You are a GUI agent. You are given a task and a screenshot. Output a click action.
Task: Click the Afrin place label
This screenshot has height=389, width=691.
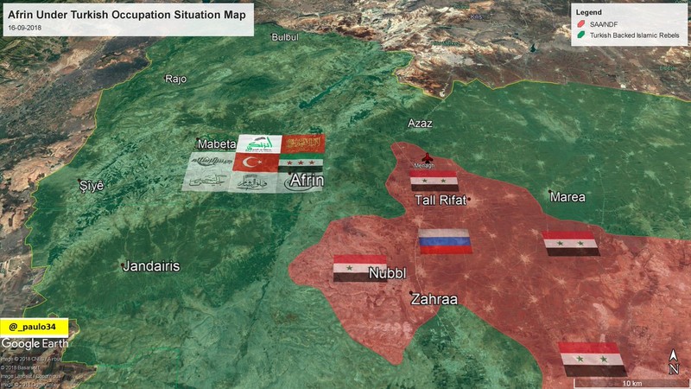[x=307, y=181]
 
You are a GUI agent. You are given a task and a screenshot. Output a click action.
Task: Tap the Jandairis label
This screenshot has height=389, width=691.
[x=151, y=265]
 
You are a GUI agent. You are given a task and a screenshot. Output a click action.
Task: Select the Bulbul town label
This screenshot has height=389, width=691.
[x=284, y=37]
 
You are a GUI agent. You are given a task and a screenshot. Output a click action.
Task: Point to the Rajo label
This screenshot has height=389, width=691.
[x=176, y=79]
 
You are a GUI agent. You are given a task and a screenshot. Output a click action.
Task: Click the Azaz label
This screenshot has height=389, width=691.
[x=420, y=124]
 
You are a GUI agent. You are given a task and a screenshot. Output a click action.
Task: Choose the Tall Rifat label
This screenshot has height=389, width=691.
[x=441, y=201]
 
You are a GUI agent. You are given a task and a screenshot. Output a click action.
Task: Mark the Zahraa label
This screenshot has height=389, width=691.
[x=434, y=299]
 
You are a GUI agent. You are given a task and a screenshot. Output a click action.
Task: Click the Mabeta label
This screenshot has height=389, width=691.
[x=216, y=143]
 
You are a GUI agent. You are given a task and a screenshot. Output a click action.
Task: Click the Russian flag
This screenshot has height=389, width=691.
[x=445, y=240]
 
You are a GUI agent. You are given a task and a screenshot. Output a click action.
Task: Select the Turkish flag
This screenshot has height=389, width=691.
[x=255, y=162]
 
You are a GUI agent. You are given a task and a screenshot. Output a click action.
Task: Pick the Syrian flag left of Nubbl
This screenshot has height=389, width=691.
[x=359, y=268]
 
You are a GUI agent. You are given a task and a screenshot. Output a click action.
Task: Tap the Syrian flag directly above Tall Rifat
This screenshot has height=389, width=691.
[x=434, y=180]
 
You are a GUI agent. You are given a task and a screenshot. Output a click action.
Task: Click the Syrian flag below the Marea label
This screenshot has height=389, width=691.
[x=570, y=243]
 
